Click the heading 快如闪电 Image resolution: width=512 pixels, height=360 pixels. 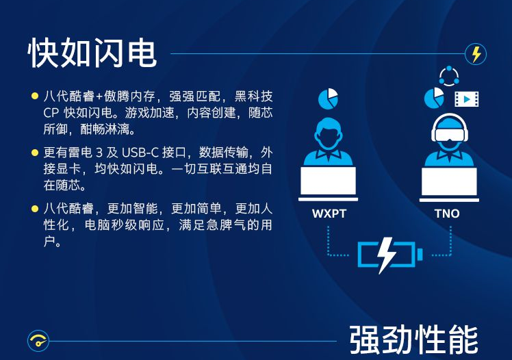coord(92,53)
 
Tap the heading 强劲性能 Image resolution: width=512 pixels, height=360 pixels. coord(413,339)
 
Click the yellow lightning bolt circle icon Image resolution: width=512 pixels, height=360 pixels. coord(476,54)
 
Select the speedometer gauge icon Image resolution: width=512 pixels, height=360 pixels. coord(38,341)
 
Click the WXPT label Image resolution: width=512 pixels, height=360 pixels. coord(329,214)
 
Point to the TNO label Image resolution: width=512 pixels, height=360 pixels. coord(447,214)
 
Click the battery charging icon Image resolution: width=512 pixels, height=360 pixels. coord(390,255)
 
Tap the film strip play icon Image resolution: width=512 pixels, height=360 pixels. coord(467,99)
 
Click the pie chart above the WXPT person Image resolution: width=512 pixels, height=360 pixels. coord(328,99)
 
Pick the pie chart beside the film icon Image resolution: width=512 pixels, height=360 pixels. coord(434,98)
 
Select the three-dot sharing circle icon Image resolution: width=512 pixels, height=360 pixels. coord(449,76)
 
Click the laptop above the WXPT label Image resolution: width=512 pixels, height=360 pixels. coord(328,183)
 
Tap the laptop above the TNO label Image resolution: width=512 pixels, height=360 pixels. coord(449,184)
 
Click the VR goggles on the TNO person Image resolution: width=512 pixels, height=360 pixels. coord(450,134)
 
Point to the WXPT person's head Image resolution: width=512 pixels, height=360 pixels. coord(328,134)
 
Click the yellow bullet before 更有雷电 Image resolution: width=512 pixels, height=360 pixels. coord(35,153)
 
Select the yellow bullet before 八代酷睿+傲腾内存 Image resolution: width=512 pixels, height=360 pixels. coord(35,96)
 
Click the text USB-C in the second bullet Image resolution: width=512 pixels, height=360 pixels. coord(140,153)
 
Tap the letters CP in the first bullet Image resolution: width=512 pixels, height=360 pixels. coord(51,113)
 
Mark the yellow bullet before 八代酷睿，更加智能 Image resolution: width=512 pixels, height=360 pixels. coord(35,209)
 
